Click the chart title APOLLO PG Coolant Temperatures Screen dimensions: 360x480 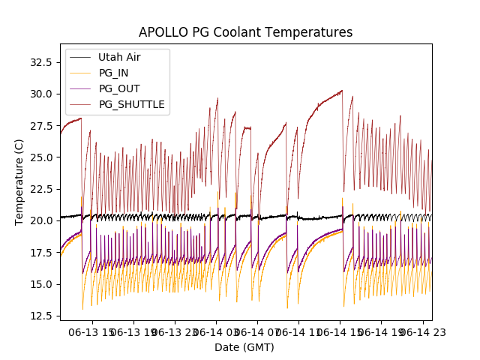click(245, 32)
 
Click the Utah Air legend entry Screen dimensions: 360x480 click(119, 57)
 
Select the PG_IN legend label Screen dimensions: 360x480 click(115, 73)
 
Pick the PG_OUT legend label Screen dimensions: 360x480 click(119, 88)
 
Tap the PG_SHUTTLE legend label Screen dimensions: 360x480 click(132, 104)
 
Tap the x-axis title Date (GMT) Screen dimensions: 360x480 click(244, 347)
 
